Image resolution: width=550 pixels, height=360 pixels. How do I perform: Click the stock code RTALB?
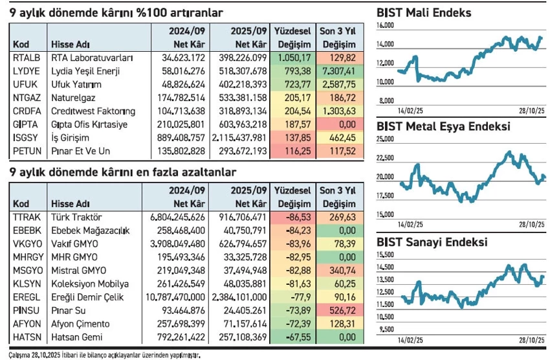(24, 58)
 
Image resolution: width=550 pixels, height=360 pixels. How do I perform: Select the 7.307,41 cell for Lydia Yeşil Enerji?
(338, 71)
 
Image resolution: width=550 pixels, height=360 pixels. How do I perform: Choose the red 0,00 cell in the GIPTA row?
(338, 124)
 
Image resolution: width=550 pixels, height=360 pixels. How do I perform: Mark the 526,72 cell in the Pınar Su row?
(338, 311)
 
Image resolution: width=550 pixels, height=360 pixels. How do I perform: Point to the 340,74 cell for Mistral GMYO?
(338, 271)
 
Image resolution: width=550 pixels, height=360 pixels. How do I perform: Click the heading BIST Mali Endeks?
(424, 12)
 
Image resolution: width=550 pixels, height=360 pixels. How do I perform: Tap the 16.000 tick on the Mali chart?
(386, 25)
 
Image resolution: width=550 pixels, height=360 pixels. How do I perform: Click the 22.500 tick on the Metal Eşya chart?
(386, 157)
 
